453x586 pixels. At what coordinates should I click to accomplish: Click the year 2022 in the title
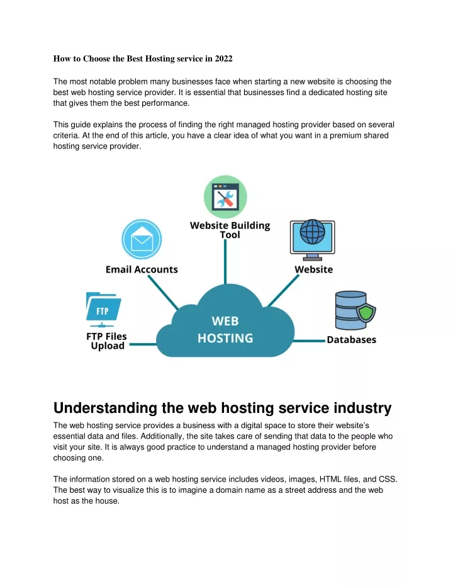pos(223,59)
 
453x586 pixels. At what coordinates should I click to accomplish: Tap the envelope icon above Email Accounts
pos(142,240)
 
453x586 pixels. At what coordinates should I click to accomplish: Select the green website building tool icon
pos(225,197)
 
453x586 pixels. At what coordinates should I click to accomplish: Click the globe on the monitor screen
pos(313,232)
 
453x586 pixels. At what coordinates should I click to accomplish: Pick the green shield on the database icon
pos(366,313)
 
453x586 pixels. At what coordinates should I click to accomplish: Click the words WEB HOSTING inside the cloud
pos(225,330)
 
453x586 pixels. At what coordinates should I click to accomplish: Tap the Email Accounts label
pos(142,269)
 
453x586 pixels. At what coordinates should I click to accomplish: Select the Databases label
pos(352,340)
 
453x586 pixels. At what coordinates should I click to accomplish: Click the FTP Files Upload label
pos(107,341)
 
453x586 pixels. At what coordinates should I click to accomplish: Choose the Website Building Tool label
pos(230,230)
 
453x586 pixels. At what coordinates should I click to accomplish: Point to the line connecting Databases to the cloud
pos(309,341)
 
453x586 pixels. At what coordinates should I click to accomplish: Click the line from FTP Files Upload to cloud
pos(143,344)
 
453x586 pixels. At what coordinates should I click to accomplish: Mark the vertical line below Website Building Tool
pos(225,262)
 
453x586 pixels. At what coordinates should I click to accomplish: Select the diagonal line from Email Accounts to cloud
pos(163,293)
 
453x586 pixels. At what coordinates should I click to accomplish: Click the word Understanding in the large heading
pos(105,408)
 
